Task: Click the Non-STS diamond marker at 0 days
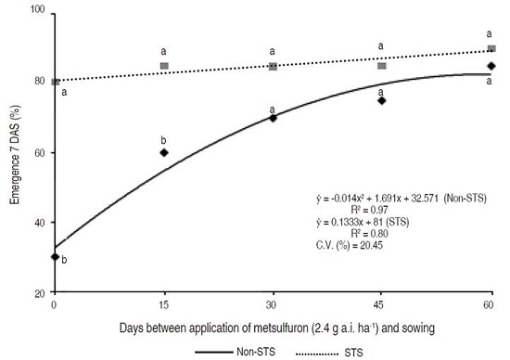coord(55,257)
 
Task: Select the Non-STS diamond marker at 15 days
coord(164,152)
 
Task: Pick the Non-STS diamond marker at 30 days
coord(273,118)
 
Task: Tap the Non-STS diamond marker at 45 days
coord(381,100)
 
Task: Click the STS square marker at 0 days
coord(55,82)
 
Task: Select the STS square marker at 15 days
coord(164,66)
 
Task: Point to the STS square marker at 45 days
coord(381,66)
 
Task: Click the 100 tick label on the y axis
coord(37,12)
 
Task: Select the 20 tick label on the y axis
coord(40,292)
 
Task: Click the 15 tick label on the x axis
coord(164,304)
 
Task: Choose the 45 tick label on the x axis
coord(381,304)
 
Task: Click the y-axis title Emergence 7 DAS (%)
coord(13,153)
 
